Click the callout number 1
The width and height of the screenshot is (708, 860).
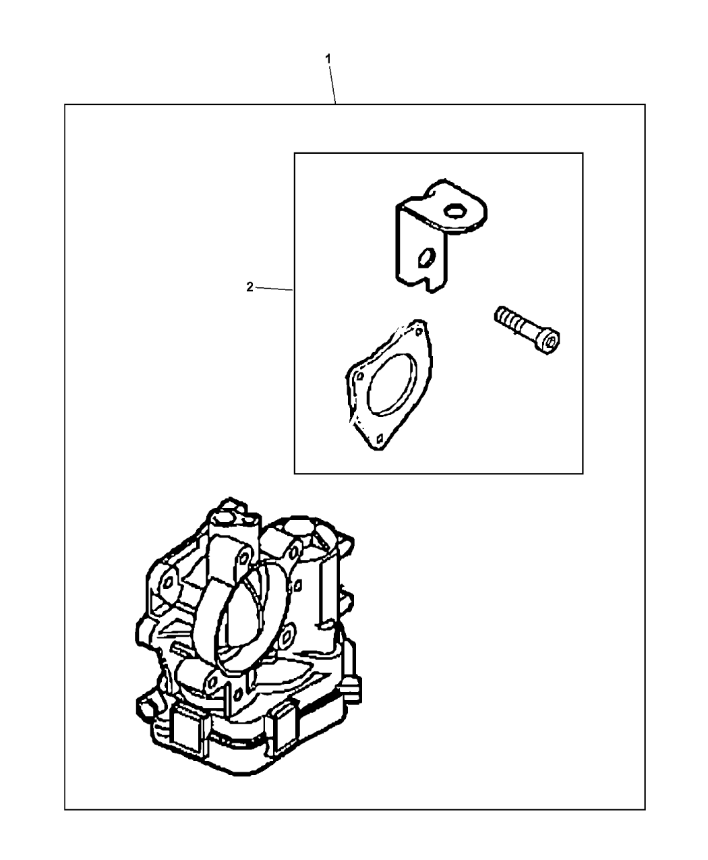[x=328, y=59]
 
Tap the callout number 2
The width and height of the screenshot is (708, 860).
[x=249, y=287]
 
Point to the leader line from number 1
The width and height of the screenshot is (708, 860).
[x=332, y=84]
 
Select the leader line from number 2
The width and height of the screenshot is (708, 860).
[x=274, y=289]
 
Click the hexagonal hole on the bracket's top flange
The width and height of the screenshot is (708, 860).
[x=454, y=211]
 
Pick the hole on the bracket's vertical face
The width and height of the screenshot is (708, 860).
[x=427, y=258]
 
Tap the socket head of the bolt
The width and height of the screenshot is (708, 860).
[x=549, y=341]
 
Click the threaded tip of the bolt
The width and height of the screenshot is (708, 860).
[x=500, y=315]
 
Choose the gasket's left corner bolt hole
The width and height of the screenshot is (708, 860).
[x=360, y=376]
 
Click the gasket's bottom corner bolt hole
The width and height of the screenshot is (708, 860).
[x=380, y=439]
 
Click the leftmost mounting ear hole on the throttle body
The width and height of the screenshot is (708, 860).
[x=168, y=582]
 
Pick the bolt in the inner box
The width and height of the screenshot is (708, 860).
[x=527, y=330]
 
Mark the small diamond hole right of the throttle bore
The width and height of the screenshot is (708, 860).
[x=298, y=585]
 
